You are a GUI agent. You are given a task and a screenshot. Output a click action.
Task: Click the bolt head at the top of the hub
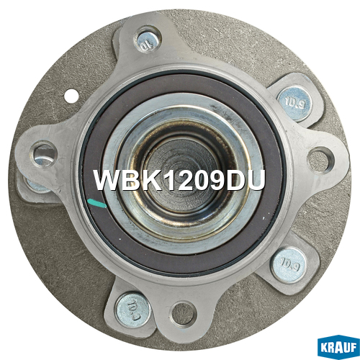click(148, 41)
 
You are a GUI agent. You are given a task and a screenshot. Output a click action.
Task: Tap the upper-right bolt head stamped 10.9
click(294, 104)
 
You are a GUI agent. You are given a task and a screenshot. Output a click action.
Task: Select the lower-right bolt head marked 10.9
click(289, 265)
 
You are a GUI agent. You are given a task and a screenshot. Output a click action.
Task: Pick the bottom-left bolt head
click(133, 310)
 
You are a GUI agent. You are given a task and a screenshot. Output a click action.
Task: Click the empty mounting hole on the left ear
click(45, 155)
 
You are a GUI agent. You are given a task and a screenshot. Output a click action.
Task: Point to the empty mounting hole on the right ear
click(319, 160)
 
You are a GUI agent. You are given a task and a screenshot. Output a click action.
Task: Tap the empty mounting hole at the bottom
click(183, 314)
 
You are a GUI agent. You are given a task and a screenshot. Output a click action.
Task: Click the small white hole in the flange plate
click(71, 96)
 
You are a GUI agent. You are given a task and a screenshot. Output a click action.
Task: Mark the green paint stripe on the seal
click(96, 204)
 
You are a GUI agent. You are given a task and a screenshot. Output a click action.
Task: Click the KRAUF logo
click(338, 347)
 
